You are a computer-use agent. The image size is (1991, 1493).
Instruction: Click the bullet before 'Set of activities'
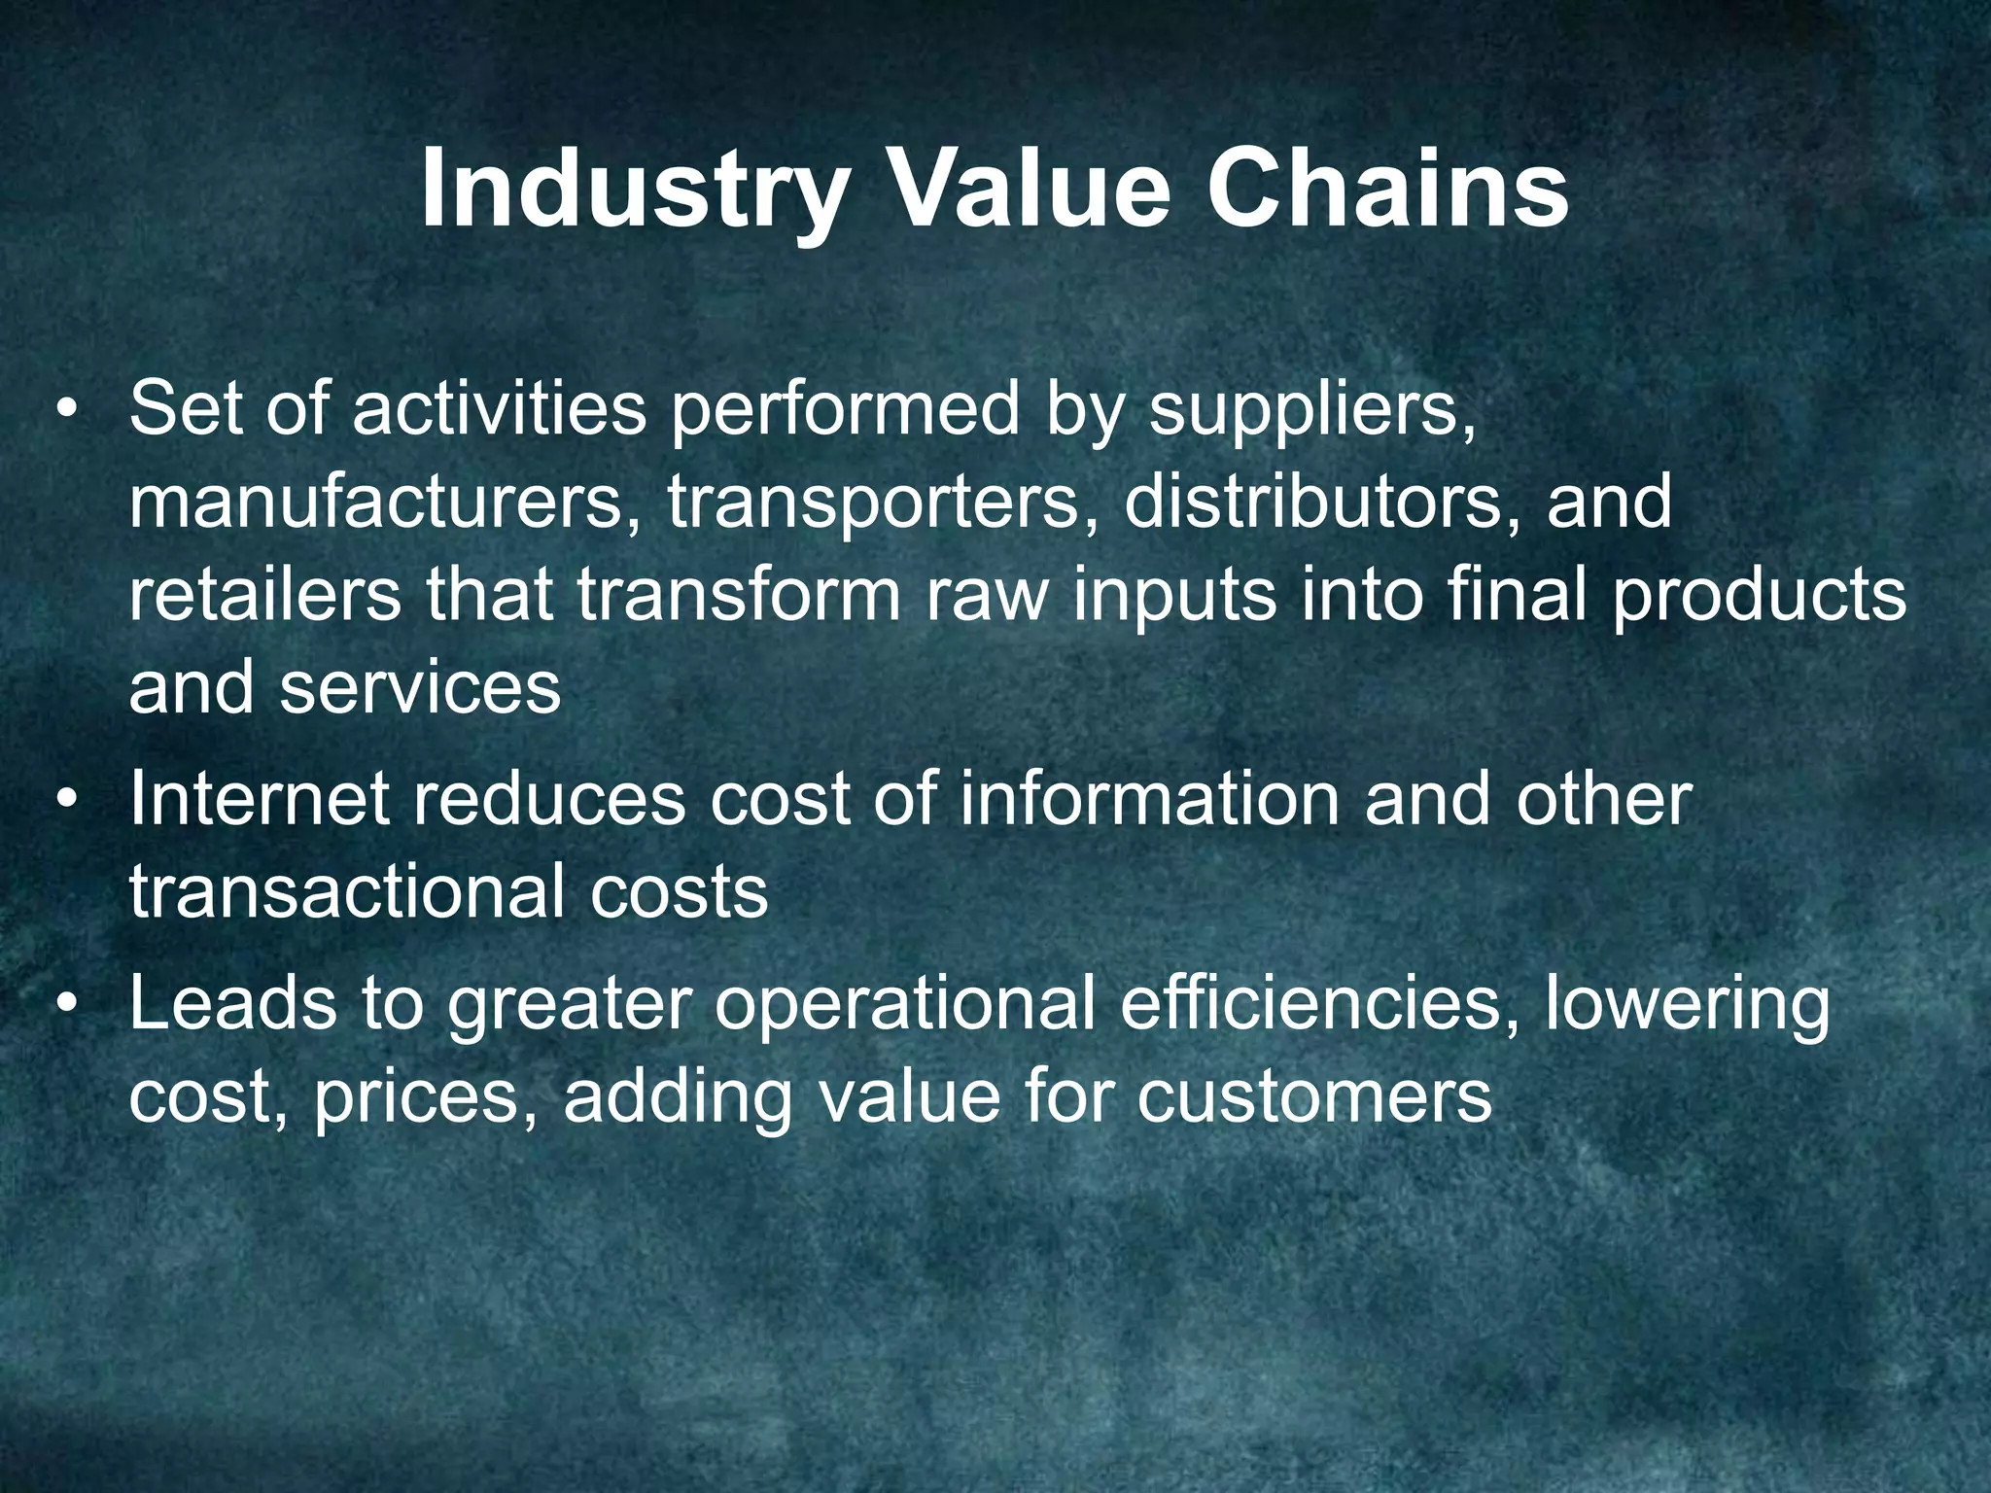(66, 409)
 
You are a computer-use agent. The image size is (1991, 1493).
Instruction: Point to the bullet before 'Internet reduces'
(66, 799)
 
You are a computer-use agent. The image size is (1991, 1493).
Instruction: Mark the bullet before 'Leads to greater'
(66, 1003)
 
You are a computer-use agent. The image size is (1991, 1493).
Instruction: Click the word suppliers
(1312, 409)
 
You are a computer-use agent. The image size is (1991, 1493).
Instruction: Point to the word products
(1760, 596)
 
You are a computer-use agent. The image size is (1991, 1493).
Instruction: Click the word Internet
(259, 799)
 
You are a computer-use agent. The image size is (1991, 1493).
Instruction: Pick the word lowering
(1687, 1005)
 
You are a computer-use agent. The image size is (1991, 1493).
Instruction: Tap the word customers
(1313, 1097)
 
